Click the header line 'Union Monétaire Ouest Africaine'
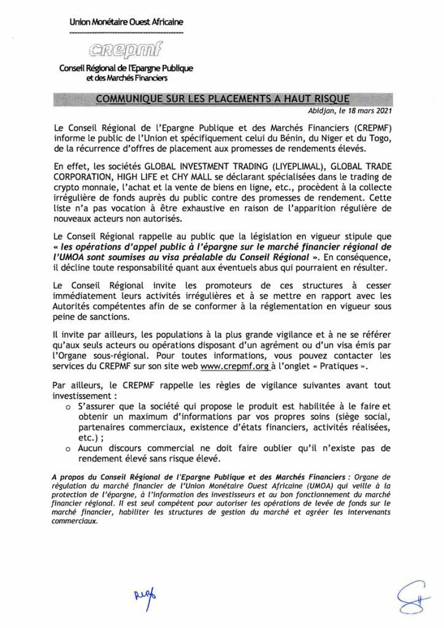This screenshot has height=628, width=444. point(126,23)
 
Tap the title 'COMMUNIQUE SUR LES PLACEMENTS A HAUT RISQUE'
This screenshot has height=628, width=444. point(222,99)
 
